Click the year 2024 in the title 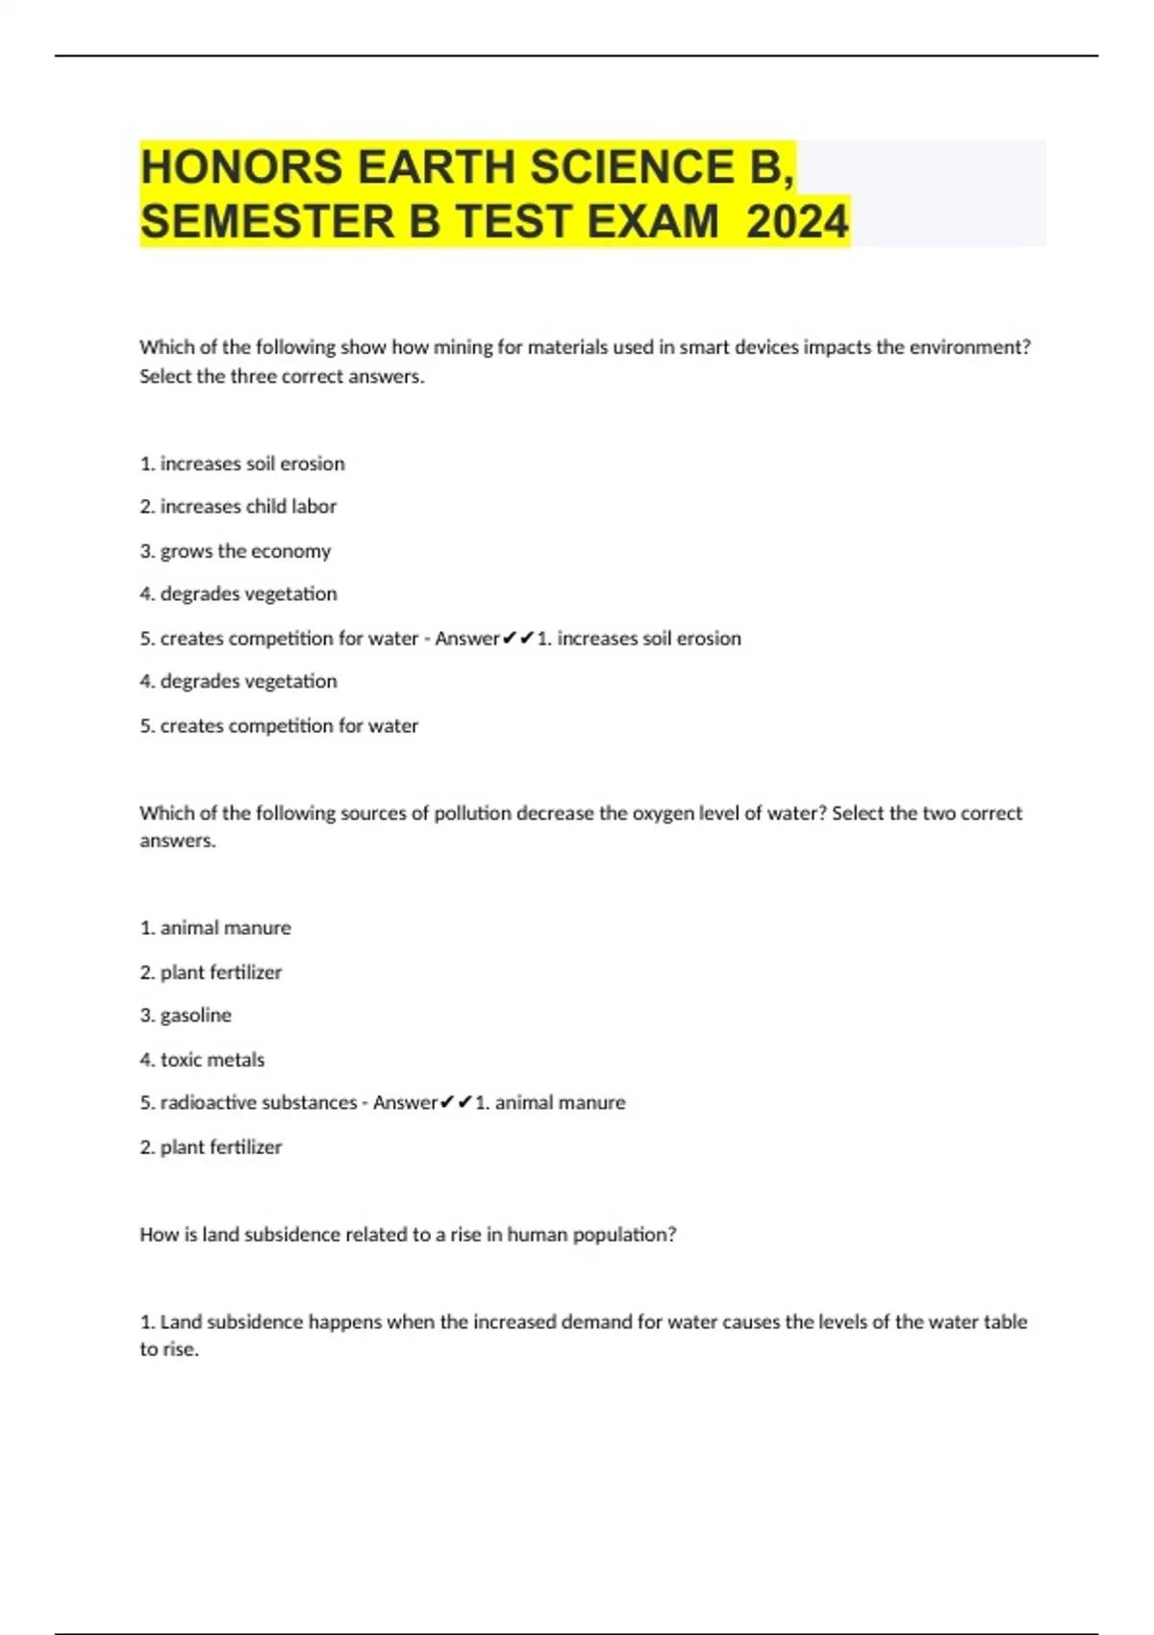[797, 221]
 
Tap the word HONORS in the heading [242, 167]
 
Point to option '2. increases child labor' [238, 506]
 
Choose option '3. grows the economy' [236, 550]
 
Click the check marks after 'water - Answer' [518, 638]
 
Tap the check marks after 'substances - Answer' [456, 1102]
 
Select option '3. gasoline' [186, 1015]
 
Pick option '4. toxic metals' [202, 1059]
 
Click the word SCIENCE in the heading [631, 167]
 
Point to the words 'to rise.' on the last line [169, 1348]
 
